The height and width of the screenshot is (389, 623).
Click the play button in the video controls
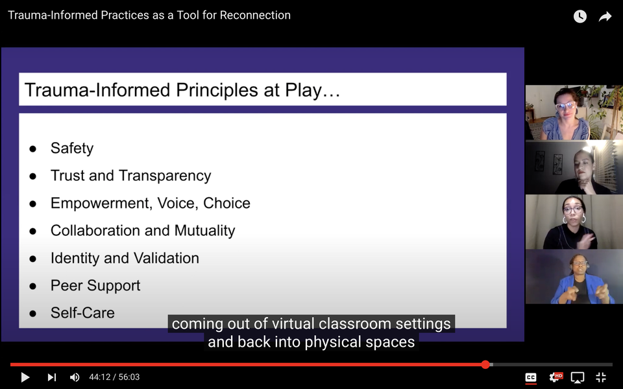[x=25, y=377]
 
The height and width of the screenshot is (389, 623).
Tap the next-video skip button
[x=52, y=377]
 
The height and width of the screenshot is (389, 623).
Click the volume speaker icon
[x=75, y=377]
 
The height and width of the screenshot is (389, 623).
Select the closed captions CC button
[x=531, y=377]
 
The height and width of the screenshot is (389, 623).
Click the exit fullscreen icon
[x=601, y=377]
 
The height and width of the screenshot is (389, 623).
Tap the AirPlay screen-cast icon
[x=578, y=377]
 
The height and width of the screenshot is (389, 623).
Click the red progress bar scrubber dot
[x=485, y=364]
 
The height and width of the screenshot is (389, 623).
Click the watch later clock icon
[x=580, y=16]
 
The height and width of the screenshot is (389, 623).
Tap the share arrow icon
[x=605, y=16]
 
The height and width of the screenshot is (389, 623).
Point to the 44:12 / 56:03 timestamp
[x=114, y=377]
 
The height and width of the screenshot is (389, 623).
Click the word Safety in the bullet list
[x=72, y=148]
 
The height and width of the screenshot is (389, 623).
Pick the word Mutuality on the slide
[x=204, y=231]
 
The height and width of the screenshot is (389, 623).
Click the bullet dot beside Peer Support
[x=33, y=286]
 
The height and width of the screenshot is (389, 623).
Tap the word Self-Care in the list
[x=82, y=312]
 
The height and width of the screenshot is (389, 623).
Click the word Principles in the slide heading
[x=217, y=90]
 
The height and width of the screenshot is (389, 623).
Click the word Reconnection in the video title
[x=255, y=15]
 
